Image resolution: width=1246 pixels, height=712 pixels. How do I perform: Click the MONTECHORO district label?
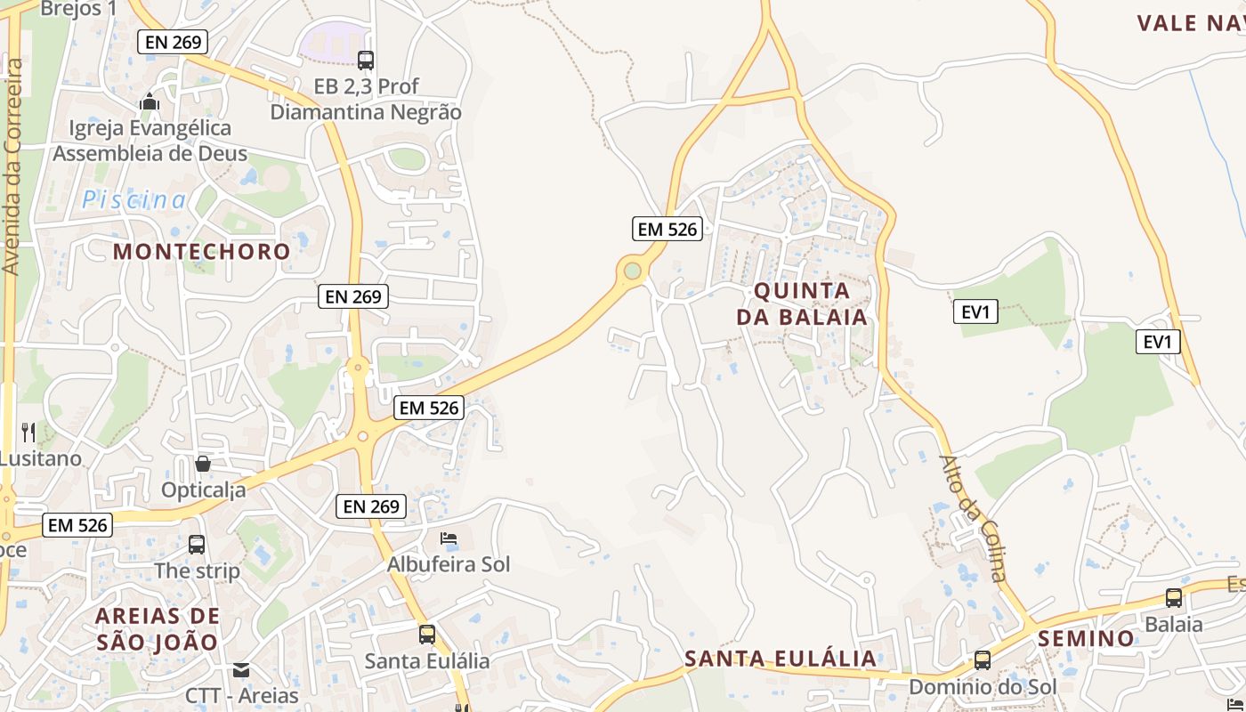click(201, 251)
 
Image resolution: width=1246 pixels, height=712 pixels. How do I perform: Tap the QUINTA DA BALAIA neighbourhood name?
click(802, 303)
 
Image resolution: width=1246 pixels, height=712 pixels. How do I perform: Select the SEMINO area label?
click(1086, 638)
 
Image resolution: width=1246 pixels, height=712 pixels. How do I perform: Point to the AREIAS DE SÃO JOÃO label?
click(157, 628)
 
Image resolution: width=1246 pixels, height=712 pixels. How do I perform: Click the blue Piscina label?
click(134, 200)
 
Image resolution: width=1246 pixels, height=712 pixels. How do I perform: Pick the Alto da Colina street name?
click(974, 517)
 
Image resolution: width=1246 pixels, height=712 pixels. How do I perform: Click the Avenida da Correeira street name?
click(12, 166)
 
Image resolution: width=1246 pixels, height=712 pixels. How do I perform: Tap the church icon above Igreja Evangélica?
click(150, 102)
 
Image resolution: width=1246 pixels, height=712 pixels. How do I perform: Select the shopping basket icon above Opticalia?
click(203, 464)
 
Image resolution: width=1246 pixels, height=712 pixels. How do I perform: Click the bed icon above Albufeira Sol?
click(449, 538)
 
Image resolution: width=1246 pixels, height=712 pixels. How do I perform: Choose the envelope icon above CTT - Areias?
click(241, 669)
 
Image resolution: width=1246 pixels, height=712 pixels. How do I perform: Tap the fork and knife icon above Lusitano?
click(28, 433)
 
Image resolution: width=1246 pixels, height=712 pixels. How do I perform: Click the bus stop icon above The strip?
click(197, 544)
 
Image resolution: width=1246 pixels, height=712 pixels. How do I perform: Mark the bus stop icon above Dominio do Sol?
click(983, 660)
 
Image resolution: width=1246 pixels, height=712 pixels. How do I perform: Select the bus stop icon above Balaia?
click(1174, 598)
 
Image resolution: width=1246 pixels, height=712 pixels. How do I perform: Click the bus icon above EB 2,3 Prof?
click(366, 60)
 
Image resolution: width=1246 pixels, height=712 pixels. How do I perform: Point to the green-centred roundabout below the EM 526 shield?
click(632, 270)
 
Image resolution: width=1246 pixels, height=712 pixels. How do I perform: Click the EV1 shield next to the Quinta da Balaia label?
click(976, 311)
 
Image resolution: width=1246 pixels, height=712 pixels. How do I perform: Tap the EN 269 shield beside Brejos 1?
click(173, 41)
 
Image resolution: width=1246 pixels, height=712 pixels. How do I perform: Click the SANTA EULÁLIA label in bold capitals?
click(781, 659)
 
